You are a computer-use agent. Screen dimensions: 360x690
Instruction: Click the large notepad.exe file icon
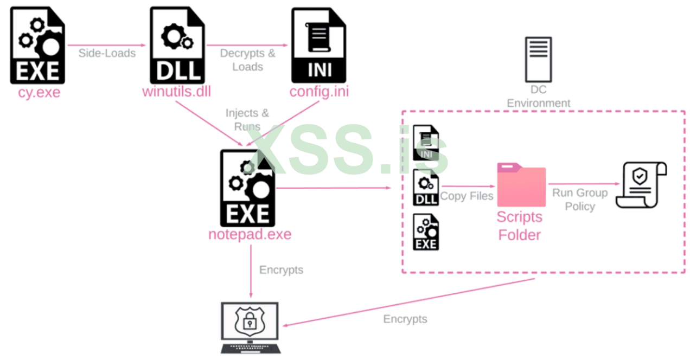click(248, 188)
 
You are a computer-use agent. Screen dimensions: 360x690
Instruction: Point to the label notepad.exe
click(250, 235)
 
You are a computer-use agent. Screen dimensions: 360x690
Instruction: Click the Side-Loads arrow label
click(107, 53)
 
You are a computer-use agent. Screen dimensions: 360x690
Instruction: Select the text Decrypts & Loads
click(248, 60)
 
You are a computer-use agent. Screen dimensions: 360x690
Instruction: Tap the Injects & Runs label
click(247, 120)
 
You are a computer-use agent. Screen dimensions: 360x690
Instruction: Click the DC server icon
click(538, 59)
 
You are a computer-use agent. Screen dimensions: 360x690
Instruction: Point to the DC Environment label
click(539, 96)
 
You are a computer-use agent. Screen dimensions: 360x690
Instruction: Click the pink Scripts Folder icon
click(521, 185)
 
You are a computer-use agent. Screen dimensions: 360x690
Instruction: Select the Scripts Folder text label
click(520, 226)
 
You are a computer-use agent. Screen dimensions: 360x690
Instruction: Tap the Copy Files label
click(467, 196)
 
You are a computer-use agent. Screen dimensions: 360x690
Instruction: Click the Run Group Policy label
click(580, 200)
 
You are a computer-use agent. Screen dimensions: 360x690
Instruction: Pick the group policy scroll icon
click(641, 184)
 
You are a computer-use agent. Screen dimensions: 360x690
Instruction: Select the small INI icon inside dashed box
click(426, 143)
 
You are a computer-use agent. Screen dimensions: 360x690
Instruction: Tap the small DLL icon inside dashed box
click(426, 188)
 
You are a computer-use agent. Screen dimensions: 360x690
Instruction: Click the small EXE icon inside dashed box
click(426, 232)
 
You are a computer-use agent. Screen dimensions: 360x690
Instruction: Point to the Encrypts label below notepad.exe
click(281, 270)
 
